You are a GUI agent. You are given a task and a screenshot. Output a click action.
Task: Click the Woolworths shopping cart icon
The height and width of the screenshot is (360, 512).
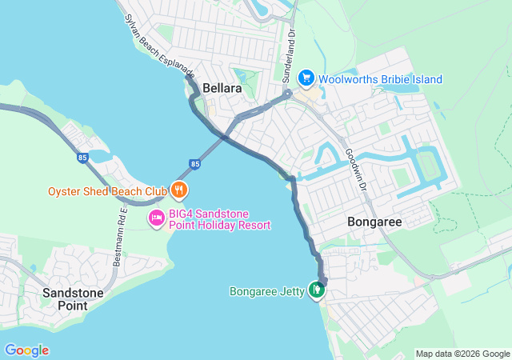point(306,78)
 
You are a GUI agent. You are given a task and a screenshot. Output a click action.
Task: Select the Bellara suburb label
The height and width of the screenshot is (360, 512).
point(222,88)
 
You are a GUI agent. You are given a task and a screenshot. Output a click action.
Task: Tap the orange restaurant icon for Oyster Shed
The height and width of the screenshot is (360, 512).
point(179,190)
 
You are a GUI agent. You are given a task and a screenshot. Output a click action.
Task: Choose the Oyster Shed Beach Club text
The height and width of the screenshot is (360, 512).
point(107,191)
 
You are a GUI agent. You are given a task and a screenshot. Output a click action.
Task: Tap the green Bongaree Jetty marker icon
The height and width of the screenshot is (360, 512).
point(318,290)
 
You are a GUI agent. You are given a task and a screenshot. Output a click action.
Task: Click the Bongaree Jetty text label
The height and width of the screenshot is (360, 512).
point(267,291)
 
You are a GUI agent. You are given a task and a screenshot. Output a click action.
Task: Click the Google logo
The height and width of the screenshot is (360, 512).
point(26,350)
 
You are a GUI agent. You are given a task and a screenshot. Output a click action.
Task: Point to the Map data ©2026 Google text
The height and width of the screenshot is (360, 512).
point(462,354)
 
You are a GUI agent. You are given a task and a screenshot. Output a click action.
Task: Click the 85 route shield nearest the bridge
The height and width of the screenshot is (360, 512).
point(195,164)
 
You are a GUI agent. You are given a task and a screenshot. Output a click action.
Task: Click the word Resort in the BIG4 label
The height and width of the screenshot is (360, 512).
point(253,225)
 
